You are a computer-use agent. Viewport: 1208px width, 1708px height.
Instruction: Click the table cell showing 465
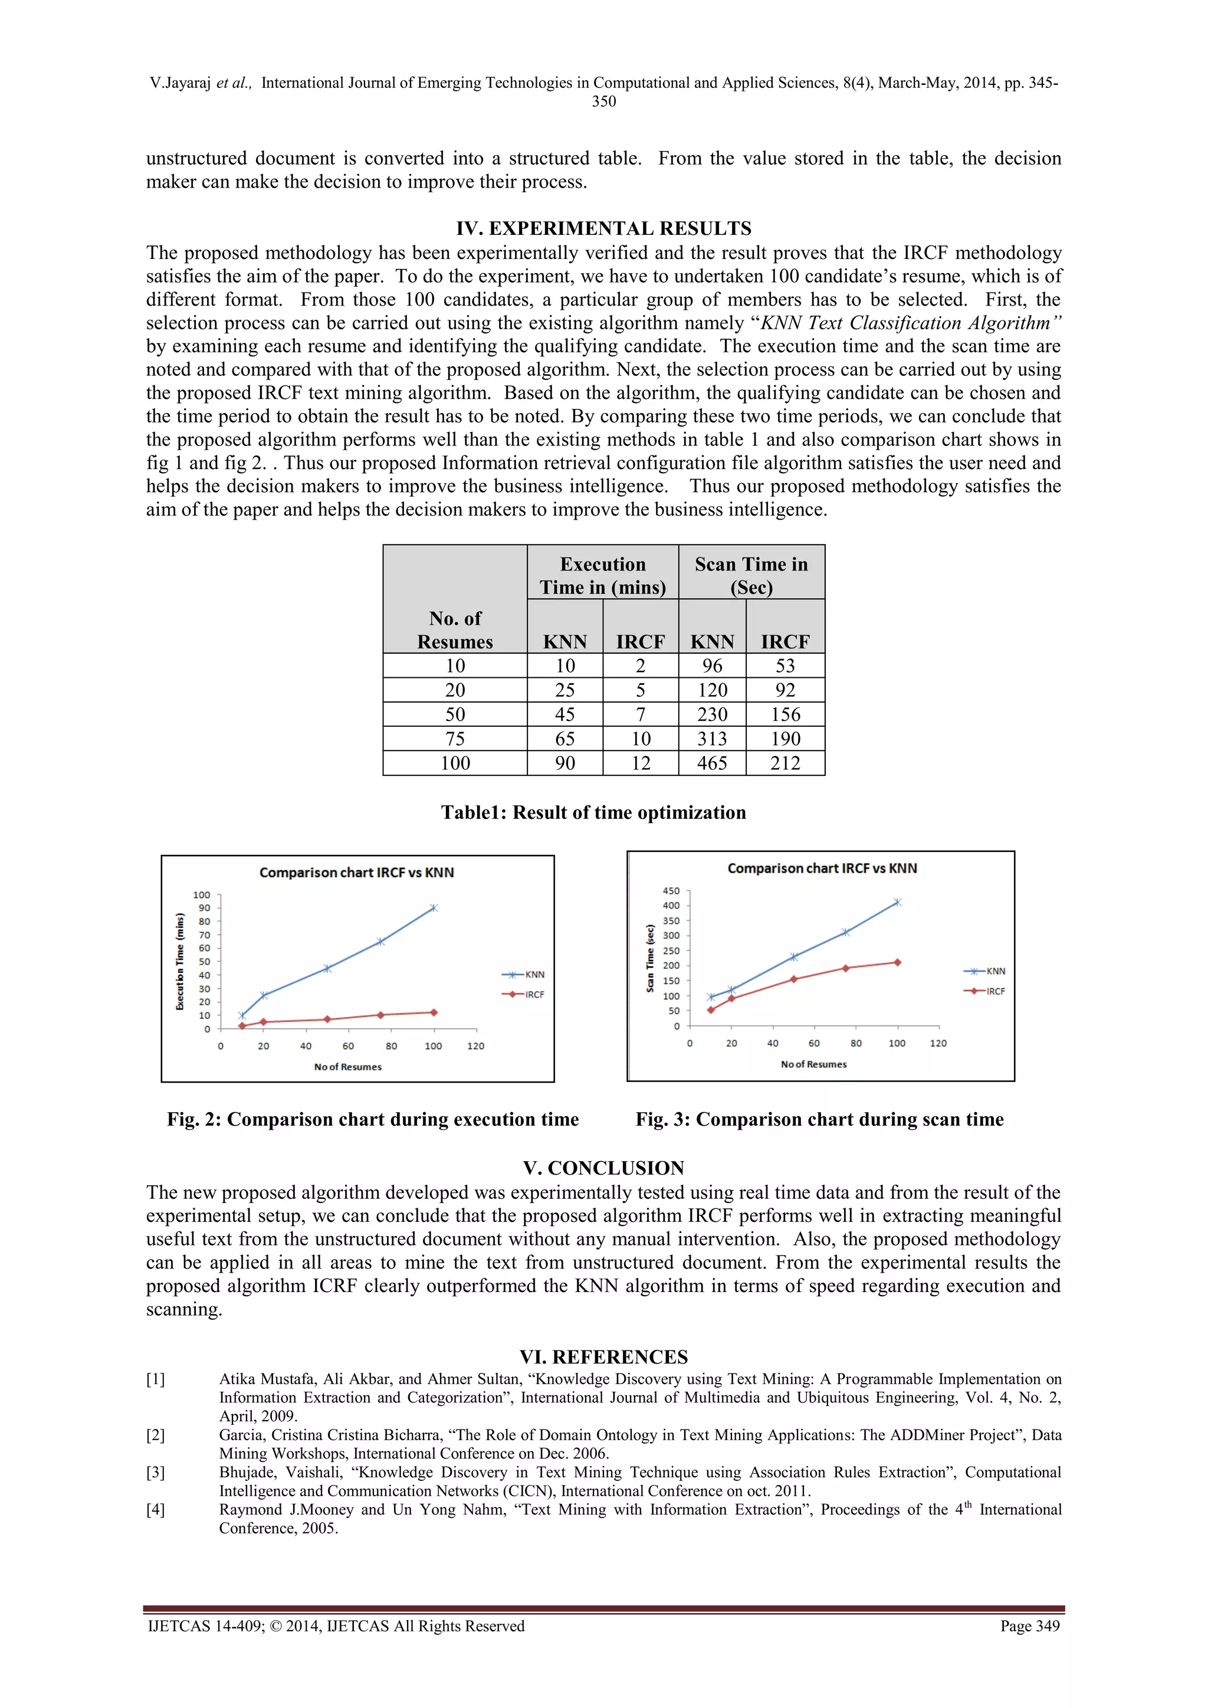tap(712, 763)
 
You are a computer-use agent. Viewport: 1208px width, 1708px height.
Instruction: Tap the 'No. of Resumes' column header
tap(455, 630)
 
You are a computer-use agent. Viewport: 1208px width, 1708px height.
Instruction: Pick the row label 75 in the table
tap(455, 739)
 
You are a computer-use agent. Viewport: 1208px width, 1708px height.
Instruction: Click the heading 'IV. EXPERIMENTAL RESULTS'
tap(603, 228)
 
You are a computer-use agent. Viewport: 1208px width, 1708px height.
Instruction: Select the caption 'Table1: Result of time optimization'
tap(593, 812)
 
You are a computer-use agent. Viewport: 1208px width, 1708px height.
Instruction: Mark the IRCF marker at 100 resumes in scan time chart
tap(897, 963)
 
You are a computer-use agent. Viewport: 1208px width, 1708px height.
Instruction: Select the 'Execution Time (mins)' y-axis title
tap(179, 962)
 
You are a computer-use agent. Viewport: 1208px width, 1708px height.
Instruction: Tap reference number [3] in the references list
tap(156, 1472)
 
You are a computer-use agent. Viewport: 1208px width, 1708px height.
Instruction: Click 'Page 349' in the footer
tap(1029, 1625)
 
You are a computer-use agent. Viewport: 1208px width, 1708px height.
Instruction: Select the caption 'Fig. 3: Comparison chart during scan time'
tap(819, 1120)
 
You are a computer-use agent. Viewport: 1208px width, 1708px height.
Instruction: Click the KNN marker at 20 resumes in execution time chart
tap(263, 995)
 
